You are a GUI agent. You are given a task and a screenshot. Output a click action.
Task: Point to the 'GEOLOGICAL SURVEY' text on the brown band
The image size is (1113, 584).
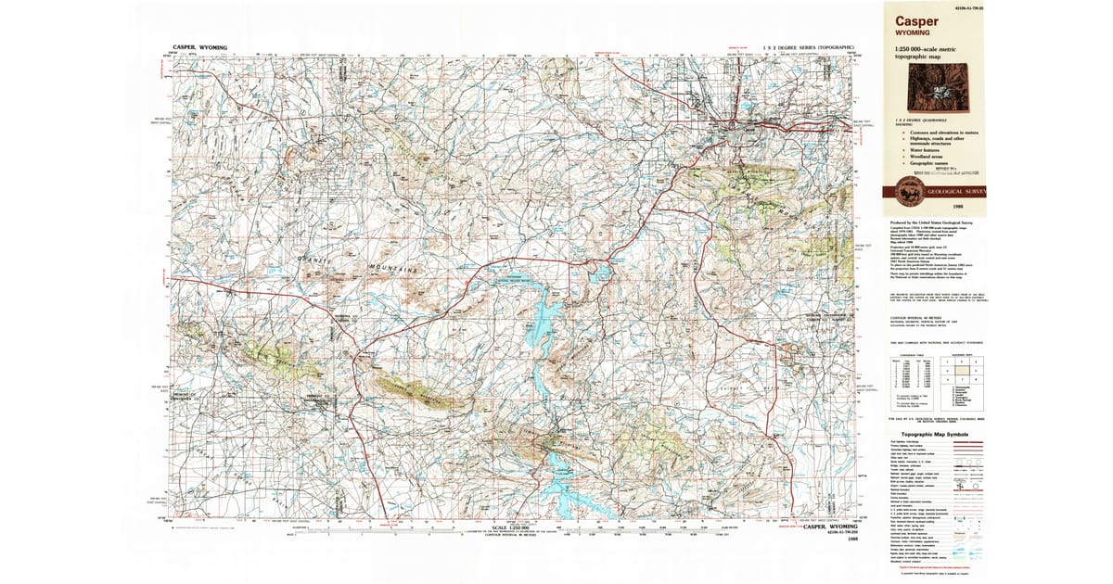(x=955, y=192)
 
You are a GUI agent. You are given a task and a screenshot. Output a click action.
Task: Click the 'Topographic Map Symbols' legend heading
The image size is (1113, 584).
(x=923, y=434)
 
